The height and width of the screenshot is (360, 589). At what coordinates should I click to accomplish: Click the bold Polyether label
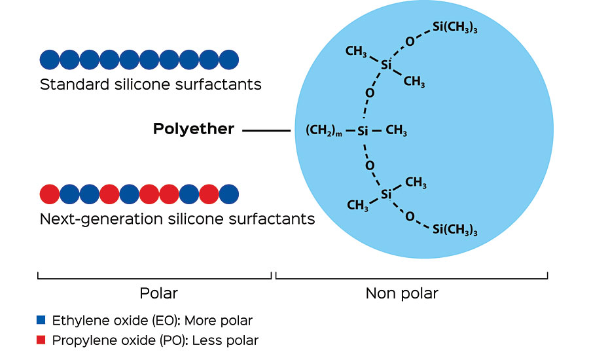click(193, 130)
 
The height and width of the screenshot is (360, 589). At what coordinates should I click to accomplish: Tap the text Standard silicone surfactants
click(151, 84)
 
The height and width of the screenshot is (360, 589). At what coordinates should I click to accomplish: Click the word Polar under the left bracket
click(158, 293)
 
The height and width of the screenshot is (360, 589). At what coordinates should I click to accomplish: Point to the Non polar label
click(401, 293)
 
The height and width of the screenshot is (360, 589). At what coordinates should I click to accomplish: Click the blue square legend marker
click(41, 320)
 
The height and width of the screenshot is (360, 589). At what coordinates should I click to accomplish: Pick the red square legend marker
click(41, 340)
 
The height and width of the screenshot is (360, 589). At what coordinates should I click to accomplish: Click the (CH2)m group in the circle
click(324, 131)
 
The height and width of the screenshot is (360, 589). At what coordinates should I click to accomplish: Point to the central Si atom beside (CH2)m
click(365, 131)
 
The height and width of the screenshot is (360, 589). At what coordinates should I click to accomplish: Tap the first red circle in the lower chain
click(50, 194)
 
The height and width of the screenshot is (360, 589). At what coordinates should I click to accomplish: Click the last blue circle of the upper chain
click(229, 60)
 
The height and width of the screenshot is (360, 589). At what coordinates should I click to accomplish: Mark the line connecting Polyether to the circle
click(266, 131)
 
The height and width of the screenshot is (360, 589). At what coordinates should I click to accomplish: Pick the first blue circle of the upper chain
click(50, 60)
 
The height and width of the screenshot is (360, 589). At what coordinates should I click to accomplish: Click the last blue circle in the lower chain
click(229, 194)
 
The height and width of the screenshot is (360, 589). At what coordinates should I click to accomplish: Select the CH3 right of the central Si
click(397, 131)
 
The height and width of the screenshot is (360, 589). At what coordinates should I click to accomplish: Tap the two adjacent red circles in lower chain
click(160, 194)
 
